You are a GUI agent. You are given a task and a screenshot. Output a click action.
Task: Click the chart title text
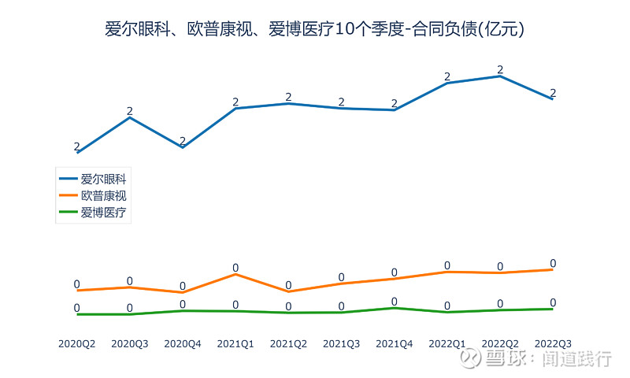click(x=315, y=30)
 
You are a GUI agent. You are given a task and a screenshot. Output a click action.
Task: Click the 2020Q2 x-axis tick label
click(x=77, y=343)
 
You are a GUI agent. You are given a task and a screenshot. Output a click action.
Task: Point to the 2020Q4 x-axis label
click(x=183, y=343)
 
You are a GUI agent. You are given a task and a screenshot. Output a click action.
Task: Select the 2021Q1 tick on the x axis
click(x=235, y=343)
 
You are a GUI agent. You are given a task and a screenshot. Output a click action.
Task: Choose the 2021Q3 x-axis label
click(x=341, y=343)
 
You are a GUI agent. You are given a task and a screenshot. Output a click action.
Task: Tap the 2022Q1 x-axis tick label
click(x=447, y=343)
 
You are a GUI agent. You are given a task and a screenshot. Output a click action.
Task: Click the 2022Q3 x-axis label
click(x=553, y=343)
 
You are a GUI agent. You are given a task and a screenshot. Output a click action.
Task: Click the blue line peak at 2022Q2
click(x=500, y=76)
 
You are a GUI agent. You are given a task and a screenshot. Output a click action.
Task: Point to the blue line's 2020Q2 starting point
click(x=77, y=153)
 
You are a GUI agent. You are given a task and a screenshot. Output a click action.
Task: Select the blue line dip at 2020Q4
click(x=183, y=147)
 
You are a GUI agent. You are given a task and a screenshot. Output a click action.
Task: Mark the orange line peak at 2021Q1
click(x=235, y=274)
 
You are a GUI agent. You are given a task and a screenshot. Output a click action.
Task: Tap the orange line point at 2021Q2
click(x=288, y=291)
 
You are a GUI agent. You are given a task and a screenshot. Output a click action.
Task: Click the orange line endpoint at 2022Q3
click(x=553, y=269)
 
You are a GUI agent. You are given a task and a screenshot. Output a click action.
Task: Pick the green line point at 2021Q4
click(x=395, y=308)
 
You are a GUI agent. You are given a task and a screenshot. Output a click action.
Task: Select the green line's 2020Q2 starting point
click(x=77, y=314)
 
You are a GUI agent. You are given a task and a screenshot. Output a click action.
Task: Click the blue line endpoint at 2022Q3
click(x=553, y=98)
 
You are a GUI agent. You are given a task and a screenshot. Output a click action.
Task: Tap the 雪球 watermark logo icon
click(x=471, y=359)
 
